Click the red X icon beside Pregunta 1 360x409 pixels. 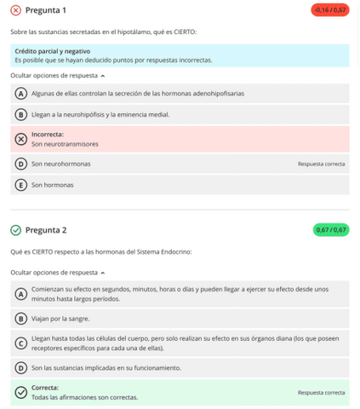click(x=16, y=10)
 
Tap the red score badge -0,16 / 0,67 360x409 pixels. click(x=329, y=10)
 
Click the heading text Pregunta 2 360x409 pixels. click(x=46, y=230)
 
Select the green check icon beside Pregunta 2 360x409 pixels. click(x=16, y=230)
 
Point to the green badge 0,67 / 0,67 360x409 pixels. click(x=331, y=230)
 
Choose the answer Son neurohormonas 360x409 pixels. click(x=61, y=164)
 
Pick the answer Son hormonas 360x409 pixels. click(x=53, y=185)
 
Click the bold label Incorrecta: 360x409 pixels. click(x=48, y=134)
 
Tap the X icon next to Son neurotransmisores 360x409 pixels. click(x=21, y=139)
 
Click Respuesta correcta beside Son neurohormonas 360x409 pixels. click(x=321, y=164)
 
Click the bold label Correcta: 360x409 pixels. click(x=45, y=388)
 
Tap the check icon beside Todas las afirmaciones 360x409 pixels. click(x=21, y=393)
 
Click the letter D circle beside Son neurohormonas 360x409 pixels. click(x=21, y=164)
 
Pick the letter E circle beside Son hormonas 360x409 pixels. click(x=21, y=185)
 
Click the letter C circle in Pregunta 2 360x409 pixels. click(x=21, y=343)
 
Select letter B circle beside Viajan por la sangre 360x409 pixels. click(x=21, y=319)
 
